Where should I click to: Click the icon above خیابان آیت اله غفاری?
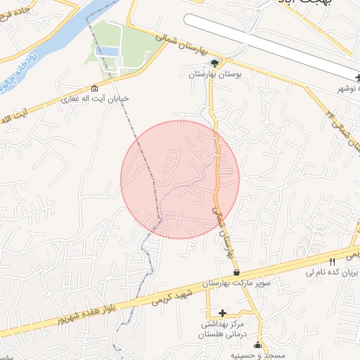[x=95, y=88]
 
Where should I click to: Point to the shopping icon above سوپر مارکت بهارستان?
[x=236, y=272]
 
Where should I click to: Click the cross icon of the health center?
[x=223, y=313]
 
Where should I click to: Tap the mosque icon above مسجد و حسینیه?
[x=257, y=345]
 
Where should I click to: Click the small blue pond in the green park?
[x=107, y=51]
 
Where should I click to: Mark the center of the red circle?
[x=180, y=179]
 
